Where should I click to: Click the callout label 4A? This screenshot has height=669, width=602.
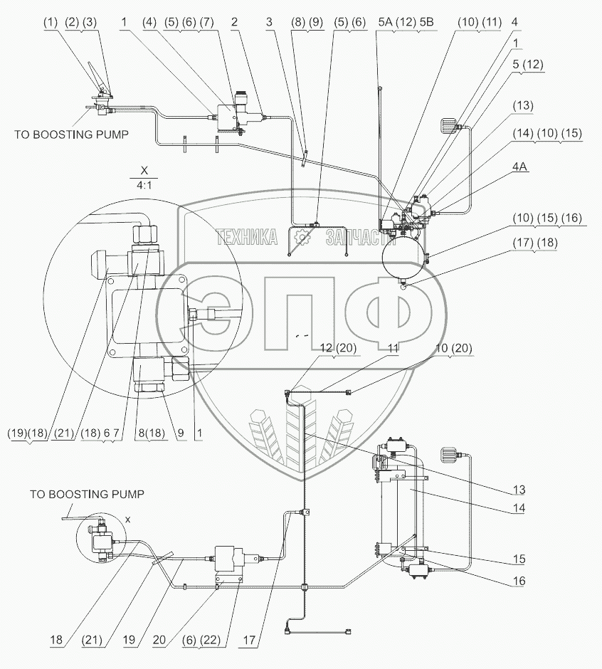(519, 167)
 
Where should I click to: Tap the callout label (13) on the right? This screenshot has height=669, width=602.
(523, 105)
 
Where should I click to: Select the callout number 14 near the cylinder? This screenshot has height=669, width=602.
(519, 507)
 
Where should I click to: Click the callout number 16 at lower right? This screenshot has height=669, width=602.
(519, 581)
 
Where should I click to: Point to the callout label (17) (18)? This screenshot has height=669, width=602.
(535, 243)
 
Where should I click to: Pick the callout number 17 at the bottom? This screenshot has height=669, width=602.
(249, 640)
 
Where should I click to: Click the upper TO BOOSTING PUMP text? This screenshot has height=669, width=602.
(71, 135)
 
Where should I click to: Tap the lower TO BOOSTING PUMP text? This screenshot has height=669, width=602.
(87, 494)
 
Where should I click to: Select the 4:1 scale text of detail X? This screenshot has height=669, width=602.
(144, 186)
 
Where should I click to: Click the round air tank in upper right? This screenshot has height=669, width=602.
(404, 256)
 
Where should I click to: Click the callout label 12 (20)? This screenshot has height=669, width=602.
(338, 348)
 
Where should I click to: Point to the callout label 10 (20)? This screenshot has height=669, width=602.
(453, 348)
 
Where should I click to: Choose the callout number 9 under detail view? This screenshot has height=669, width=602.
(181, 433)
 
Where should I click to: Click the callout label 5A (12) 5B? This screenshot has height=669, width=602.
(406, 22)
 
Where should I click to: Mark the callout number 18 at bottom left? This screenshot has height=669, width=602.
(56, 640)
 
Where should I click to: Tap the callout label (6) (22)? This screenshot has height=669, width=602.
(201, 640)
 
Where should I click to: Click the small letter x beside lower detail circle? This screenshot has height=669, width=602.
(127, 520)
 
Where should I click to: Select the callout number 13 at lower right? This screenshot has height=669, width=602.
(519, 489)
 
